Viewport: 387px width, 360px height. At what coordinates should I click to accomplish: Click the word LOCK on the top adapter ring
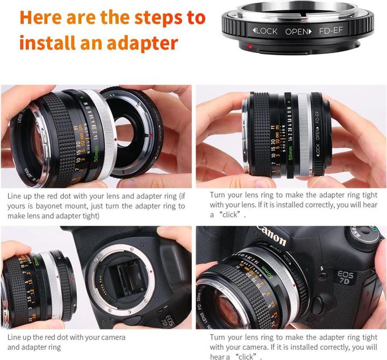(266, 31)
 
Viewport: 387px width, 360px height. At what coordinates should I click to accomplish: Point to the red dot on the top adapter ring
(250, 48)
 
